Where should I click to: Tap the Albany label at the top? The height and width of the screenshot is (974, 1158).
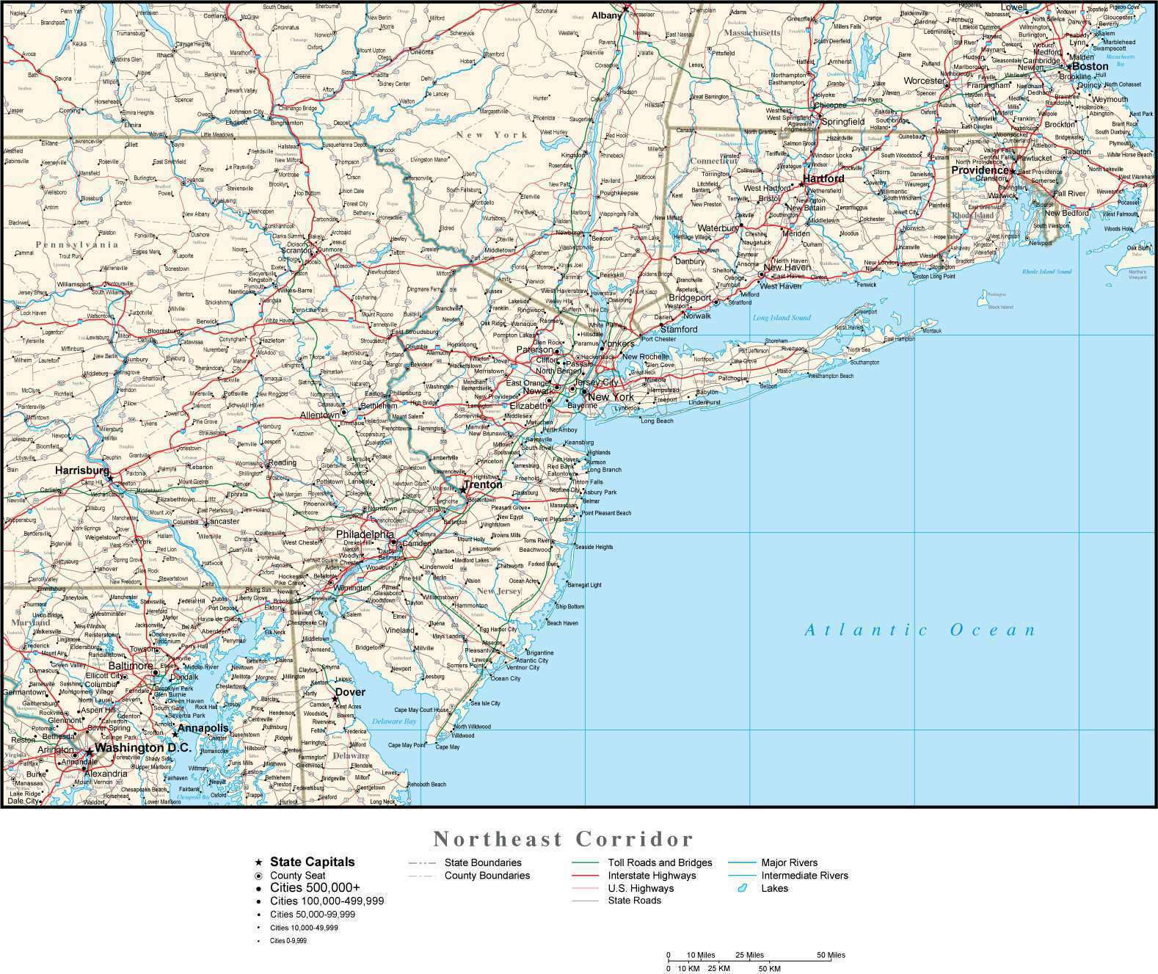click(606, 15)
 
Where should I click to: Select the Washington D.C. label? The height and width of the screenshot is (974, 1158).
click(143, 748)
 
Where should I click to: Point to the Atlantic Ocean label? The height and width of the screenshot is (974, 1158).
click(920, 630)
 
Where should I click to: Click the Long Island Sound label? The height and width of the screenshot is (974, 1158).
click(782, 318)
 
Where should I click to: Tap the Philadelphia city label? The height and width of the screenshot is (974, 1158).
click(365, 534)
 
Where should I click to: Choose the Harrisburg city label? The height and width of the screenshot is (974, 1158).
click(82, 470)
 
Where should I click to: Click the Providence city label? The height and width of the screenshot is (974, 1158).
click(980, 170)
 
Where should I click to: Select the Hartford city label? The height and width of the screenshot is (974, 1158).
click(823, 178)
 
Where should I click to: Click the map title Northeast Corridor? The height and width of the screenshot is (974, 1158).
click(563, 838)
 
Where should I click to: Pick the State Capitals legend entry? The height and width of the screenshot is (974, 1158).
click(312, 862)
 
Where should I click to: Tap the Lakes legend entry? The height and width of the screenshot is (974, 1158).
click(774, 888)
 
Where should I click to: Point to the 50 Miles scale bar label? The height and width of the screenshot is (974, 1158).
click(831, 955)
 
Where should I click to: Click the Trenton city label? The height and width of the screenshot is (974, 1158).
click(483, 484)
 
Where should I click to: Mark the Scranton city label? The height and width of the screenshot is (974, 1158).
click(296, 250)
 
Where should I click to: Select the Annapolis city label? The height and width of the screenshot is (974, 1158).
click(203, 728)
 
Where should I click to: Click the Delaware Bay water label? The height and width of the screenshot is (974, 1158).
click(394, 722)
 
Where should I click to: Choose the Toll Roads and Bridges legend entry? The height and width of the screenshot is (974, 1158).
click(660, 862)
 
